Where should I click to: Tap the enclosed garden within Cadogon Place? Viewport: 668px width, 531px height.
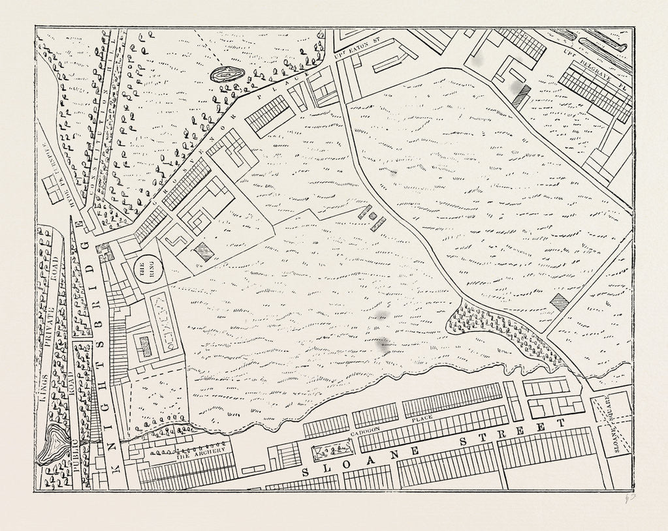(332, 449)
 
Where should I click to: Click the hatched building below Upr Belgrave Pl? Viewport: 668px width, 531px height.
(520, 97)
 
